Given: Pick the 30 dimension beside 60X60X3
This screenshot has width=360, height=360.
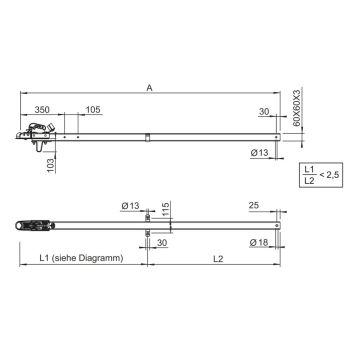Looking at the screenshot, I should tap(266, 112).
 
